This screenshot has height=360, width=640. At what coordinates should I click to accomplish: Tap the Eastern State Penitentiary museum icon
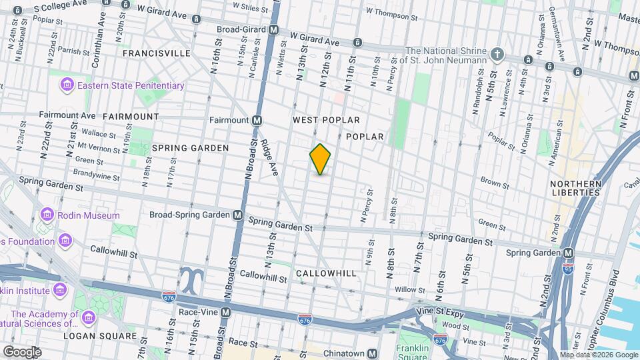[x=67, y=85]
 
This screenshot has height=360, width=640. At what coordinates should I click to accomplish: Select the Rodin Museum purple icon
[x=47, y=215]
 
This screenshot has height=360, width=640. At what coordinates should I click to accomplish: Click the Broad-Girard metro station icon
[x=274, y=30]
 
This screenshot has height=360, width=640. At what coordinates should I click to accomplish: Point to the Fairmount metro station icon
[x=257, y=121]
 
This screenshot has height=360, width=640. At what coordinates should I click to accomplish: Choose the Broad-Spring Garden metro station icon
[x=237, y=215]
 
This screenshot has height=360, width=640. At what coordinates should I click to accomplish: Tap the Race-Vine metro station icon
[x=226, y=312]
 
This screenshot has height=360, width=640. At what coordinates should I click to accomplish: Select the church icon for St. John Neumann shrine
[x=496, y=53]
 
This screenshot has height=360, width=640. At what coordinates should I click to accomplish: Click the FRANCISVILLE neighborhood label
[x=156, y=53]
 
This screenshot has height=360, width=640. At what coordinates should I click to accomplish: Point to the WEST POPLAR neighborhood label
[x=326, y=120]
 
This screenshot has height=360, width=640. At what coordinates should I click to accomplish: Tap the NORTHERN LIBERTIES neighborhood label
[x=576, y=188]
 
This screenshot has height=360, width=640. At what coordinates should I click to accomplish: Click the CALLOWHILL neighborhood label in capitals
[x=326, y=273]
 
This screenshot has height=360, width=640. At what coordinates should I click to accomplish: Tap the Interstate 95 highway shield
[x=567, y=267]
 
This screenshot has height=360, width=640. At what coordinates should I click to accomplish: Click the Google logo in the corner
[x=21, y=352]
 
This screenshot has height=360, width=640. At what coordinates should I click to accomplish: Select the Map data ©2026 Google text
[x=599, y=355]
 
